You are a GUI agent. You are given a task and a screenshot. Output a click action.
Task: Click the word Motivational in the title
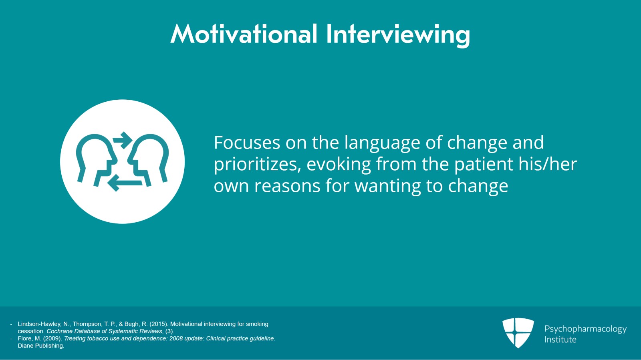[244, 34]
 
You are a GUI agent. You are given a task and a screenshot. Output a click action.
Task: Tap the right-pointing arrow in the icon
[123, 140]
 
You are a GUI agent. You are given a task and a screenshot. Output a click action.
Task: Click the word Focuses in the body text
[247, 143]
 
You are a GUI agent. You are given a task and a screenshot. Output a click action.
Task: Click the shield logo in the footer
[518, 332]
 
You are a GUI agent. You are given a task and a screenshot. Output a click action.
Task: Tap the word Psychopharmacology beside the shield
[585, 329]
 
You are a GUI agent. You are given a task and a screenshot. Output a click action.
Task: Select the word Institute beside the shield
[560, 340]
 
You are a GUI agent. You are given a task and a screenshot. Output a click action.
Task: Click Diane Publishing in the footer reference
[40, 346]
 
